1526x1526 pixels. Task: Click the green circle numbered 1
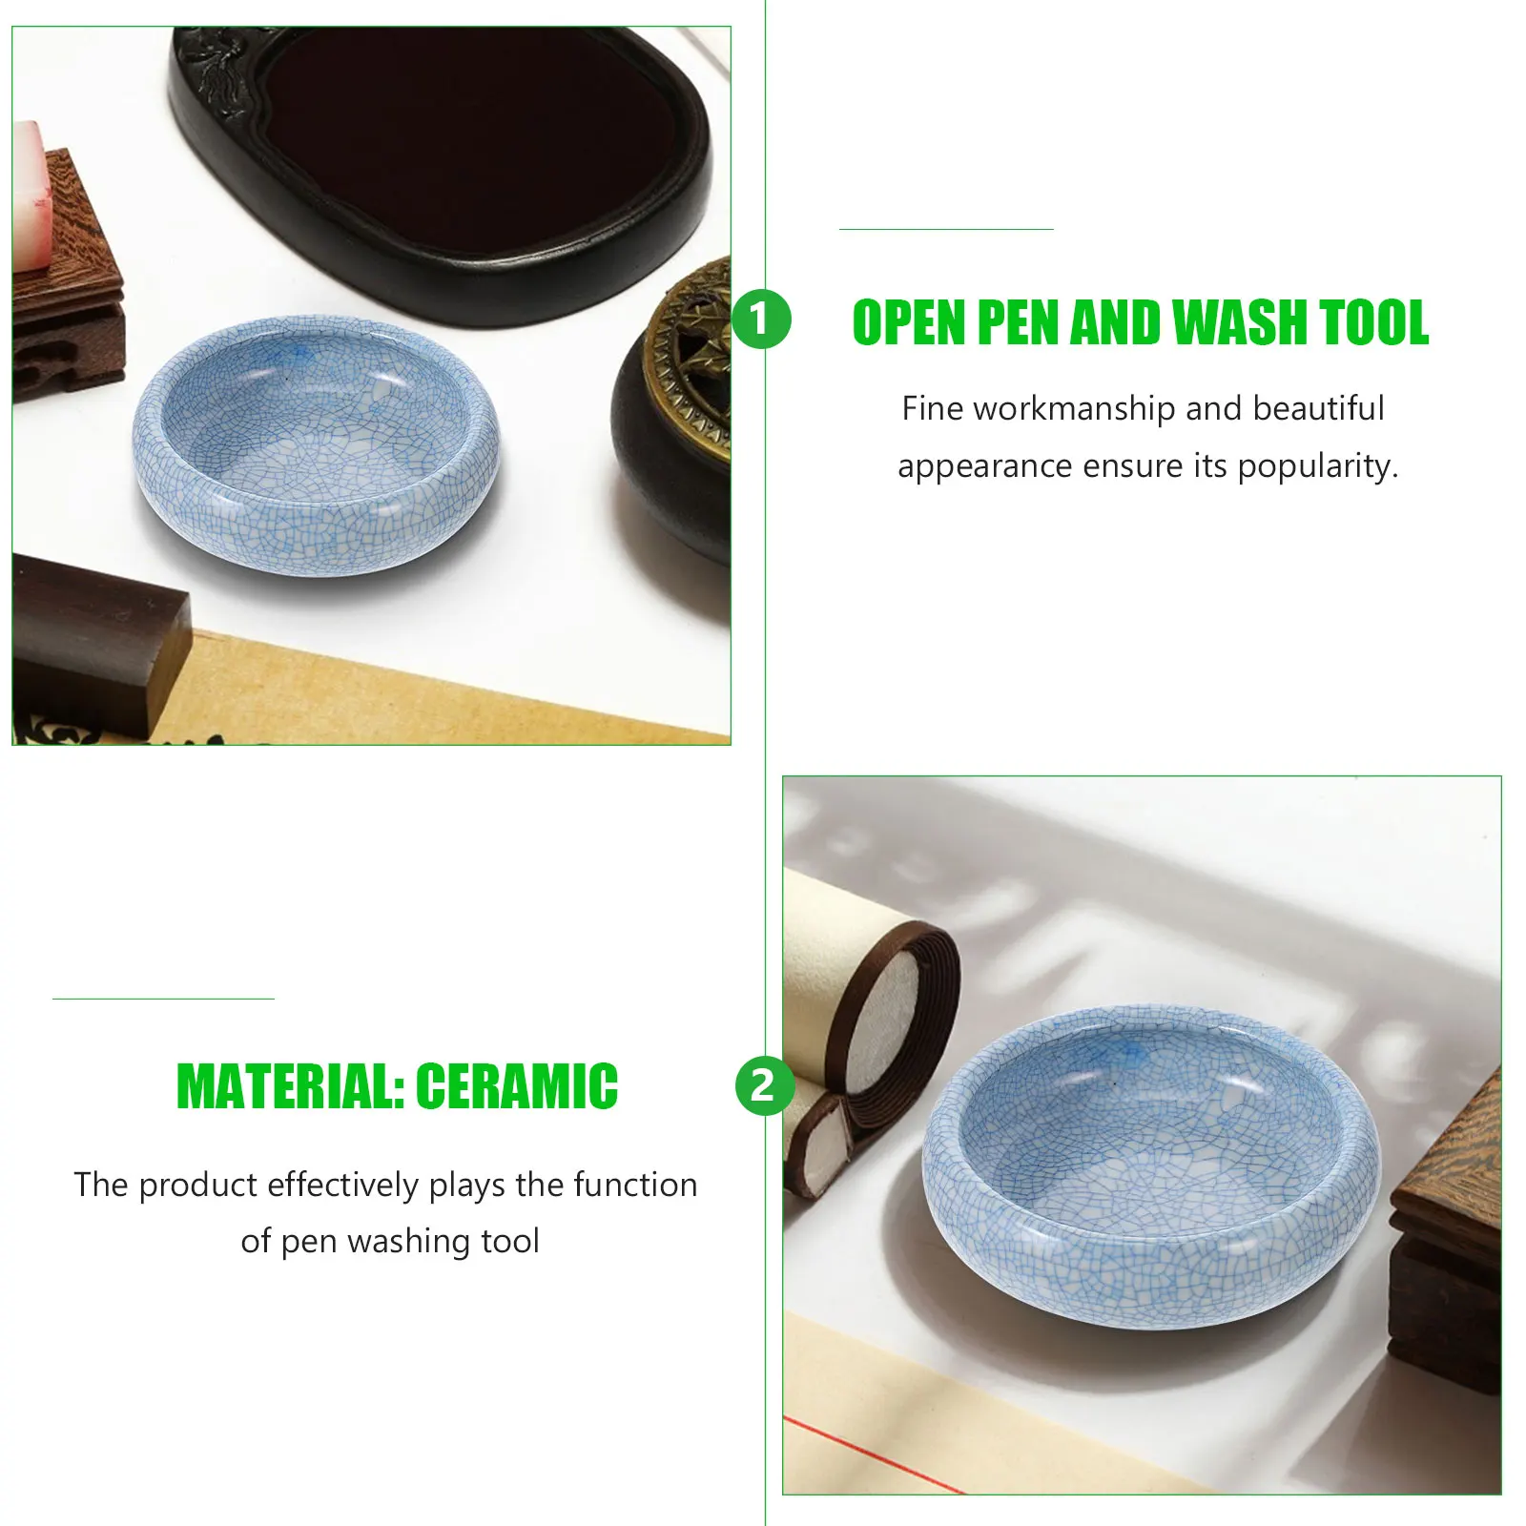click(761, 320)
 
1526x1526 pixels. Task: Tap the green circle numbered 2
click(763, 1085)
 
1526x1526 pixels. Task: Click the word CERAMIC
click(516, 1086)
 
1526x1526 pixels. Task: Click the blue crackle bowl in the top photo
click(315, 446)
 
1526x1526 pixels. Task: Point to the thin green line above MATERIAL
click(163, 999)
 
